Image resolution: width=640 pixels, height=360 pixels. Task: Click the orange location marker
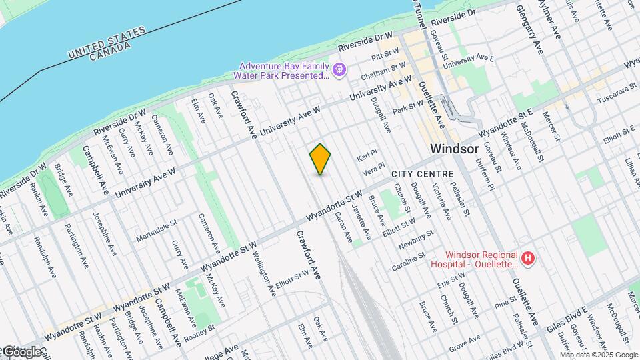321,159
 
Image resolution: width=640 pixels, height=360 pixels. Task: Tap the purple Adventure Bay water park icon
339,69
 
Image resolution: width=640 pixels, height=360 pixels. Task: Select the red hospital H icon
528,257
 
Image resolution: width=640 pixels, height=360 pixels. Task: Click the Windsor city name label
455,149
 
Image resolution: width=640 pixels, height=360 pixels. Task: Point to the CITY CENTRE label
422,174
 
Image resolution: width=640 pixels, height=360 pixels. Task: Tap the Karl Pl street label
367,157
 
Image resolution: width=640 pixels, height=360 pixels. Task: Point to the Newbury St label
417,240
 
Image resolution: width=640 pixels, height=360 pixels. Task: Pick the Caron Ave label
344,226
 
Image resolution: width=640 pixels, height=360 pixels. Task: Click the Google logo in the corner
23,351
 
